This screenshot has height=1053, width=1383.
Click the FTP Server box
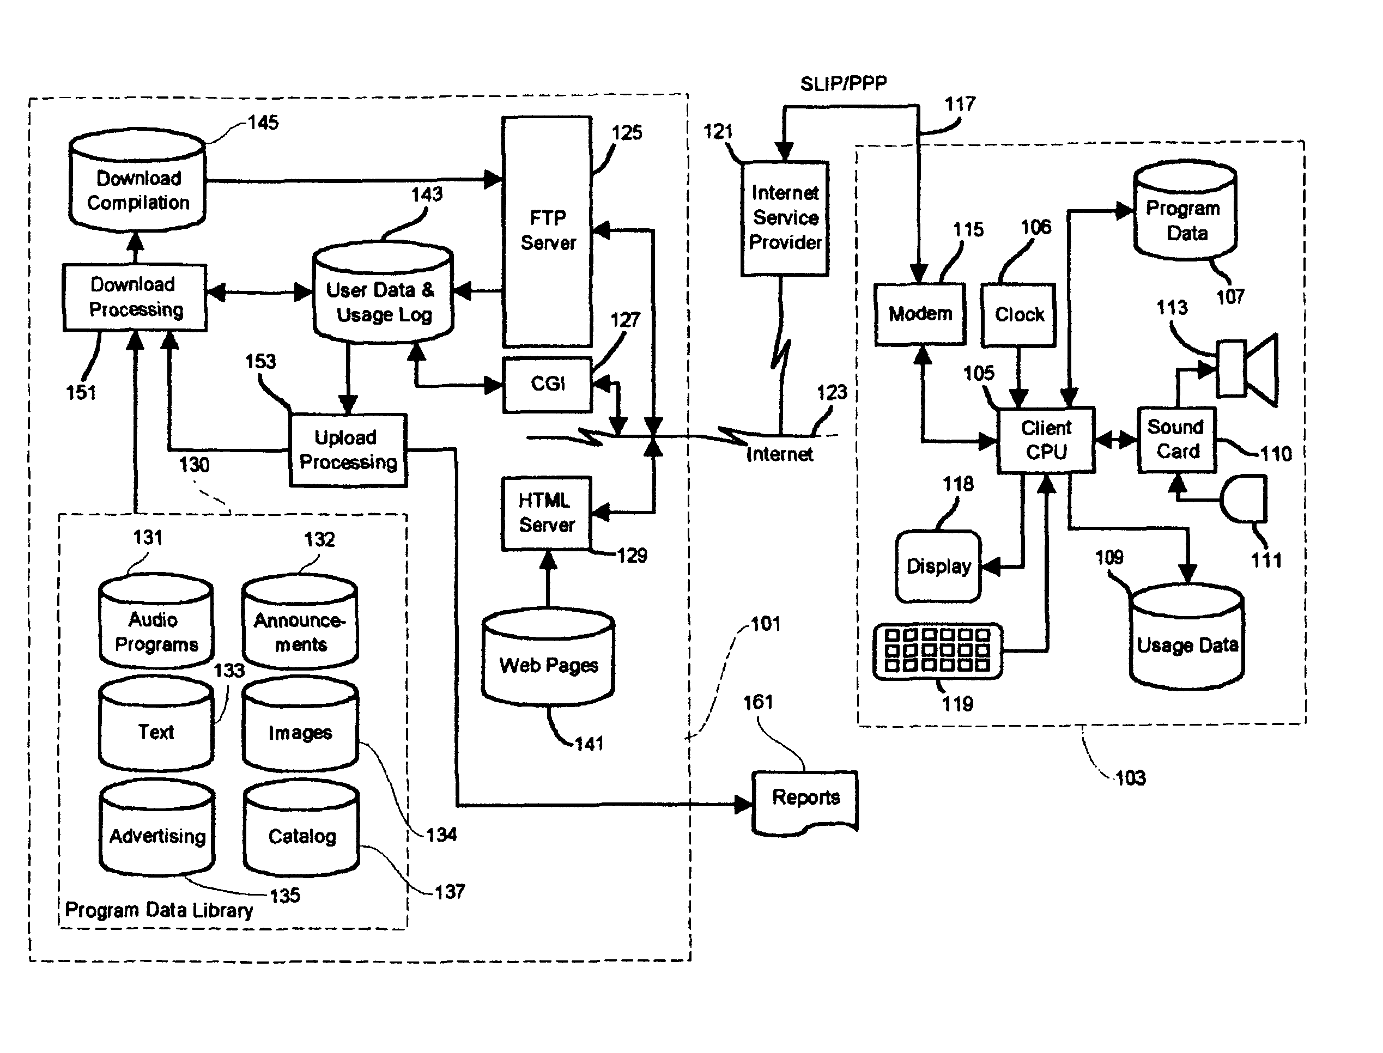pos(547,230)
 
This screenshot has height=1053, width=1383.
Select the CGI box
pos(547,384)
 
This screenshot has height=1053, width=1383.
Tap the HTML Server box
pos(546,513)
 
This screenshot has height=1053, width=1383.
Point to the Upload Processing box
pos(348,449)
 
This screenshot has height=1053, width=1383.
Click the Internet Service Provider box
pos(784,218)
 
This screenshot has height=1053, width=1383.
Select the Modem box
pos(920,313)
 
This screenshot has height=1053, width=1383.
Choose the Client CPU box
pos(1046,440)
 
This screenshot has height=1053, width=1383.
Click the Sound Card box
pos(1176,440)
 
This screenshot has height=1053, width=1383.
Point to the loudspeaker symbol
pos(1246,369)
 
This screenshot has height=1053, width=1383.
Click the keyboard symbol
pos(937,651)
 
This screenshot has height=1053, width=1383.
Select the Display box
pos(938,566)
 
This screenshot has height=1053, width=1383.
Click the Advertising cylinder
pos(157,829)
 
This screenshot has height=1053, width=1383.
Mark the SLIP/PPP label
pos(843,83)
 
